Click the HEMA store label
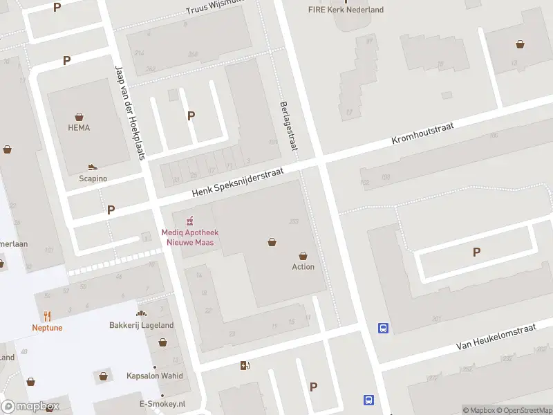[79, 128]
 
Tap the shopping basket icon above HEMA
[79, 116]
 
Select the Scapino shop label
[93, 178]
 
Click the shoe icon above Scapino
[93, 167]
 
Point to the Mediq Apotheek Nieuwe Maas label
[187, 238]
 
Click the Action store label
[303, 267]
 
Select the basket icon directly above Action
[303, 255]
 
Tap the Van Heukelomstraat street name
[496, 338]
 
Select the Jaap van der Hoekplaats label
[129, 113]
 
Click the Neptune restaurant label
[47, 328]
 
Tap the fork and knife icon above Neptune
[47, 315]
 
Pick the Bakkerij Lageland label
[142, 325]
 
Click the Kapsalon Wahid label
[155, 376]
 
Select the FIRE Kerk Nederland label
[346, 10]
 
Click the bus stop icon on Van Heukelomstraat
[383, 329]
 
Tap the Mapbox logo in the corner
[30, 407]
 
